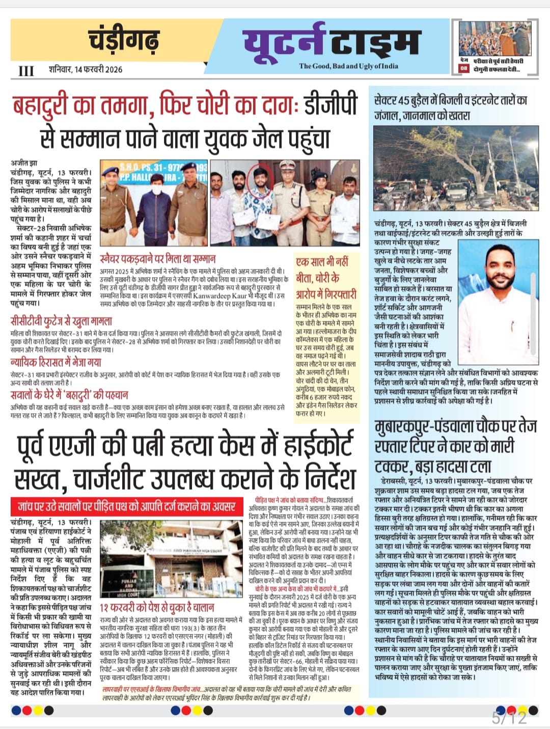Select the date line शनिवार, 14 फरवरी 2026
point(86,69)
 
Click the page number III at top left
point(26,71)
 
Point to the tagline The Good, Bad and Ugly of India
point(349,66)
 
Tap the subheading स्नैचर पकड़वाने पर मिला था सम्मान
point(157,258)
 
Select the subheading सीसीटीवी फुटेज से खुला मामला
point(61,321)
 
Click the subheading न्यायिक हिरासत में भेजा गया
point(56,362)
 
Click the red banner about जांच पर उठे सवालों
point(126,506)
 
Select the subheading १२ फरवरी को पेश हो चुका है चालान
point(157,607)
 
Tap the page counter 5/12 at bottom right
point(509,718)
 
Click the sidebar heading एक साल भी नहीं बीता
point(326,278)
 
